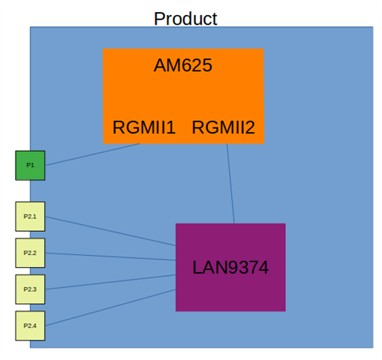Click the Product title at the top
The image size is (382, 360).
point(185,19)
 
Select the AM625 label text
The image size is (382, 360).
point(183,65)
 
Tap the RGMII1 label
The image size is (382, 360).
point(144,127)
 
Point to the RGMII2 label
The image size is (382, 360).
point(224,127)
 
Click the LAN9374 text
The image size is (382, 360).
point(230,267)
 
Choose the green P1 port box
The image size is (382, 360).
point(30,165)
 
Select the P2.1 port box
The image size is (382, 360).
point(30,217)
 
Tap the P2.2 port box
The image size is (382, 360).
point(30,253)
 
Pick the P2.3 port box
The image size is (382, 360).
point(30,289)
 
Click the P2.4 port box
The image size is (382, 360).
point(30,325)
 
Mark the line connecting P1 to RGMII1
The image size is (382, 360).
point(92,154)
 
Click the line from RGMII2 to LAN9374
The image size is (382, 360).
point(230,184)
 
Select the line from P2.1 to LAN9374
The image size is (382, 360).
point(110,231)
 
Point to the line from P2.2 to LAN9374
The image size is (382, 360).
point(110,256)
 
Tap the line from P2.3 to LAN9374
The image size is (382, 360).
point(110,282)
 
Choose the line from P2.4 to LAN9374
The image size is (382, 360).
point(110,307)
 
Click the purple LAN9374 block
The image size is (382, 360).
point(230,267)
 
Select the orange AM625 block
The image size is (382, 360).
point(183,96)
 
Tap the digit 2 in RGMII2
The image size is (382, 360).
point(250,127)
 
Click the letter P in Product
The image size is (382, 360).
point(159,19)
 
